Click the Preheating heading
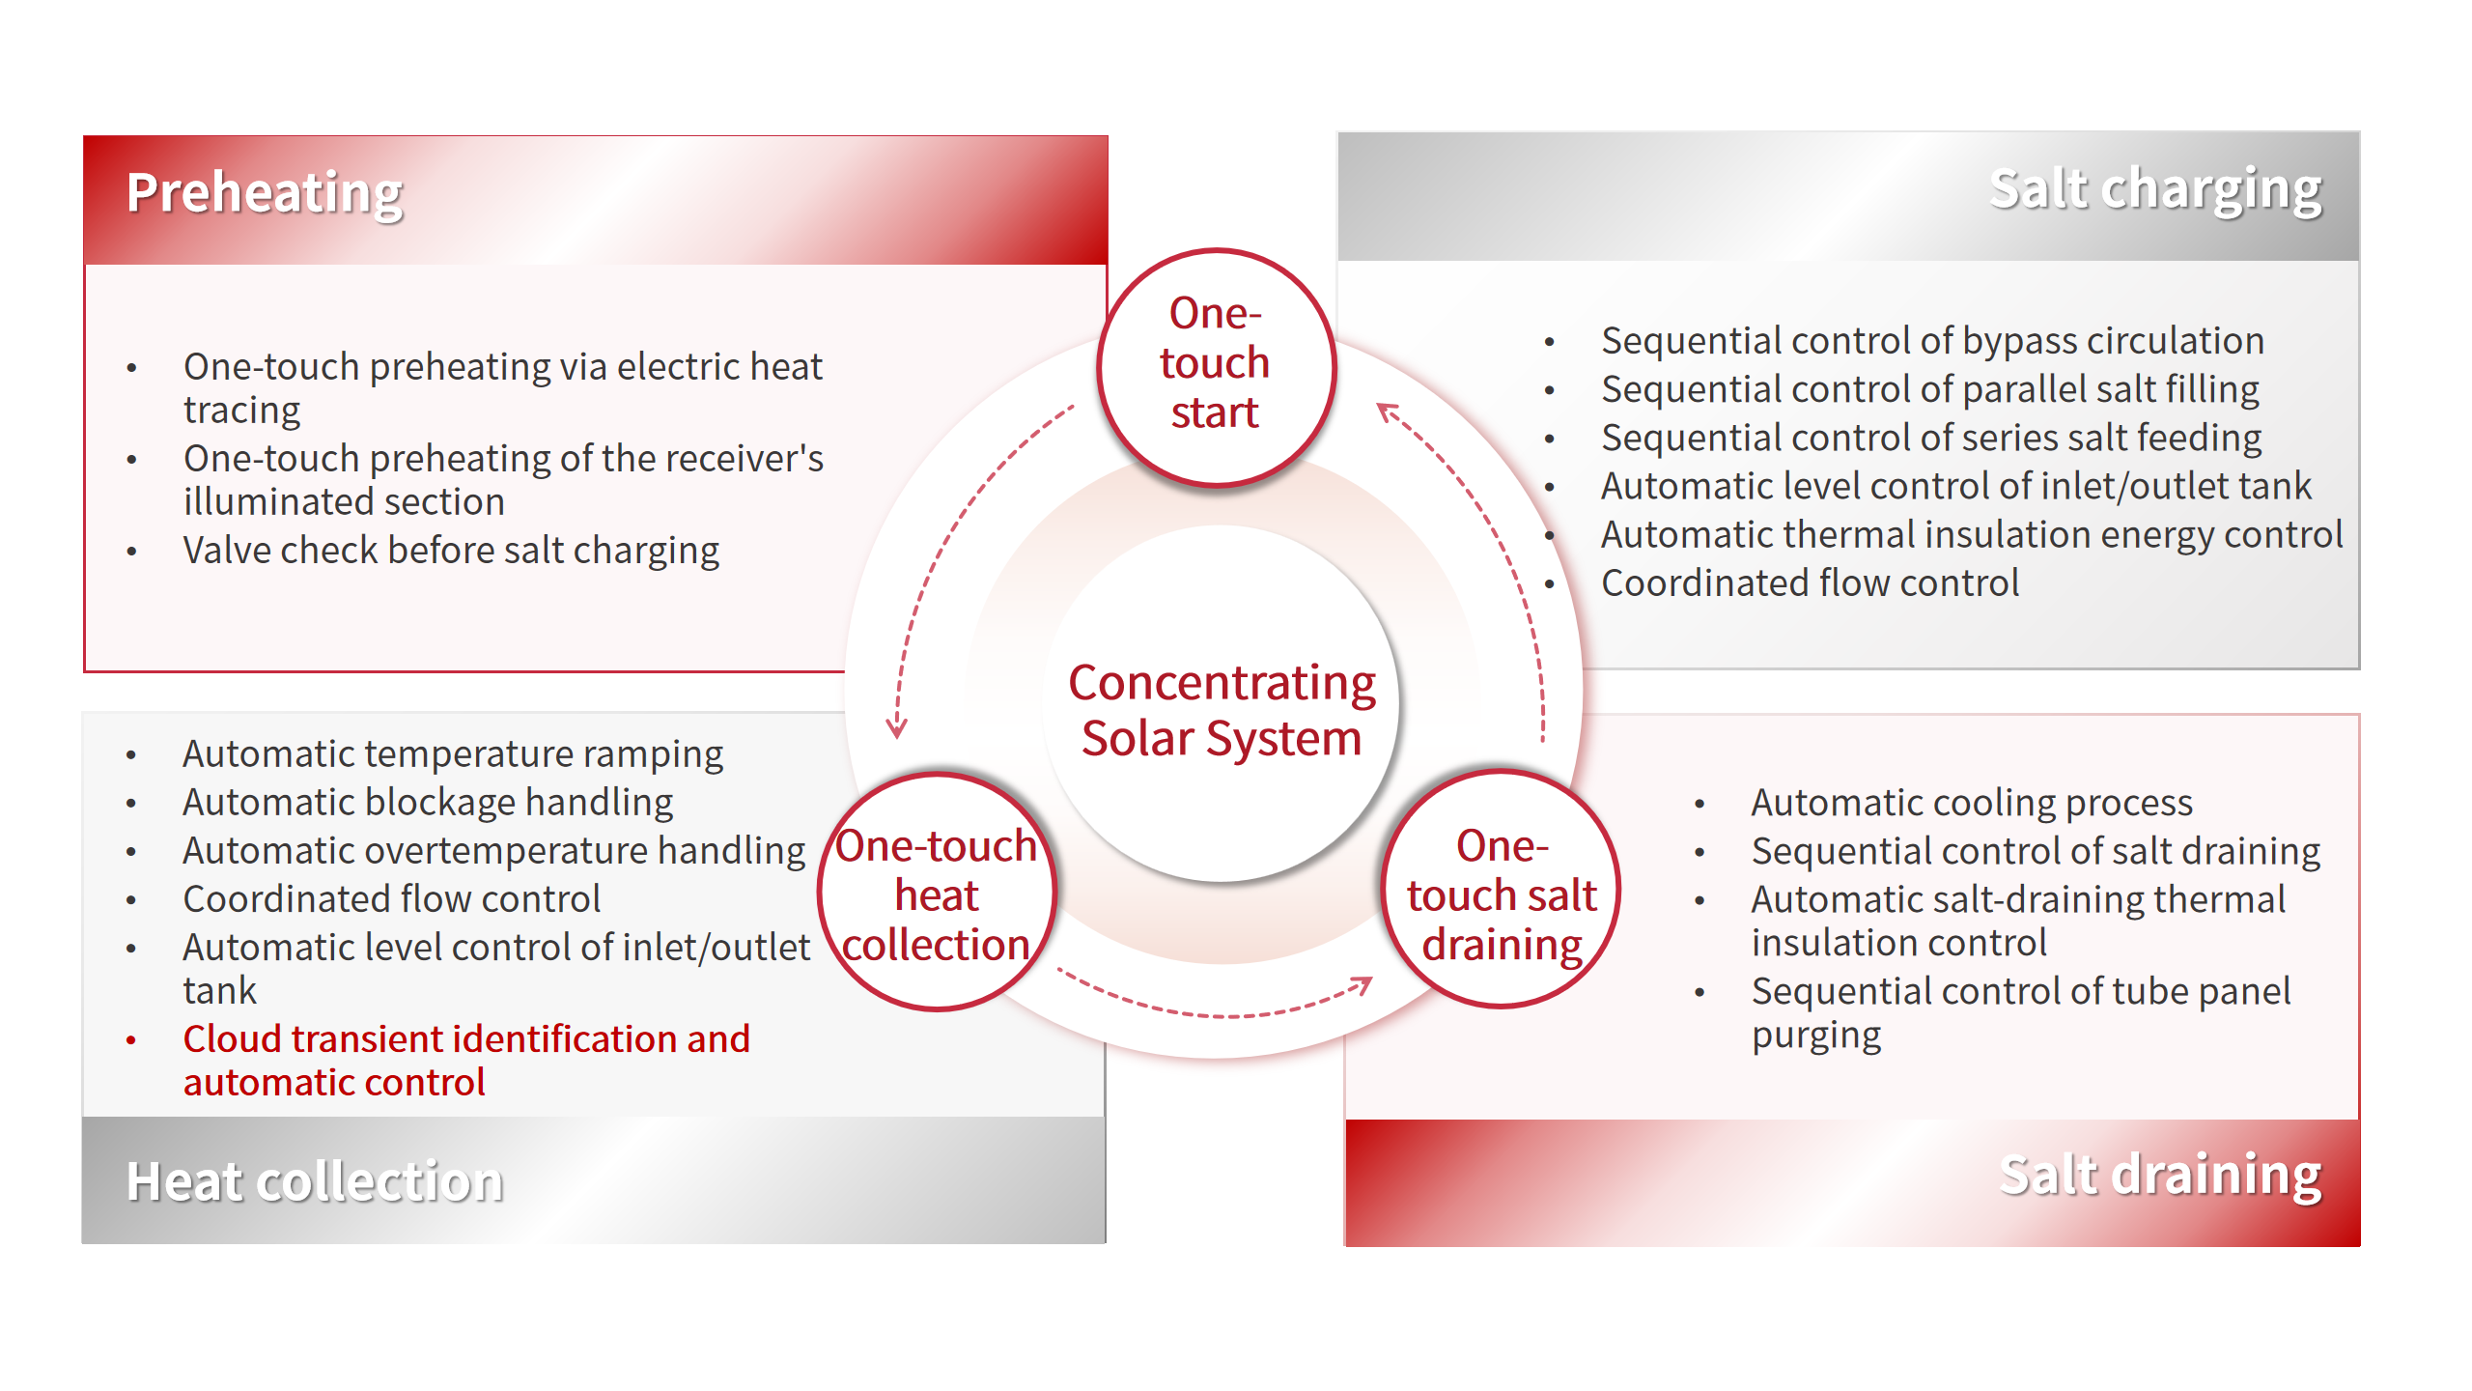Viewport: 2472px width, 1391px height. point(265,193)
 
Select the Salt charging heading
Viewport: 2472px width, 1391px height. point(2155,189)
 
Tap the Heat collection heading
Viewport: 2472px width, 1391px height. point(315,1180)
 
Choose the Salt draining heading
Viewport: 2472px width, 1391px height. point(2160,1176)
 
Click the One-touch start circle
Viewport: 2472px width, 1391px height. point(1216,367)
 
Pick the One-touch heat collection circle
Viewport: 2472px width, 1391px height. point(937,892)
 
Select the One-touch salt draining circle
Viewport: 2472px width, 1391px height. point(1501,890)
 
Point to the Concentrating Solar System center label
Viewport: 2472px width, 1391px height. point(1222,710)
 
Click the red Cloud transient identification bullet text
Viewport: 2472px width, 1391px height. point(466,1061)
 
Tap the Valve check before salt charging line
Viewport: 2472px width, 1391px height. point(451,551)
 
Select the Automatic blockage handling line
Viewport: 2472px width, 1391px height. point(428,803)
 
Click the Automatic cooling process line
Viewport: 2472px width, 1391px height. point(1972,803)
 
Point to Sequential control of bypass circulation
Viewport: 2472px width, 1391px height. point(1932,341)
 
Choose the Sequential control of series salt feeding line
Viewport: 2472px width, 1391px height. point(1931,438)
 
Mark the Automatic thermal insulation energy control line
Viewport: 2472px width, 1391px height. point(1972,534)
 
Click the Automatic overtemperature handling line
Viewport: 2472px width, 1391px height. point(493,851)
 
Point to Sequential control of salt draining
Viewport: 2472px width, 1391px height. point(2036,851)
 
